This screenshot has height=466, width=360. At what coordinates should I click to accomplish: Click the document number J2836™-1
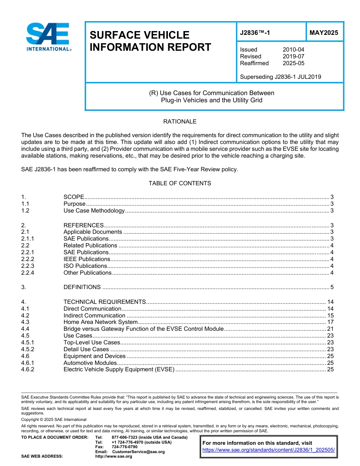coord(255,33)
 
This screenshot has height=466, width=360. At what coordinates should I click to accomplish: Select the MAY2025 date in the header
coord(324,33)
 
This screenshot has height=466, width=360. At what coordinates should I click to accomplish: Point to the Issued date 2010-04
coord(293,50)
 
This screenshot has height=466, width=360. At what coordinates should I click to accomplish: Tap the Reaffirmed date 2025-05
coord(293,63)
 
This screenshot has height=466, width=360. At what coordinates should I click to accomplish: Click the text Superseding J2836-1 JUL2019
coord(280,77)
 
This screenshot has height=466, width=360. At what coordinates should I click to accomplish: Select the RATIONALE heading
coord(180,122)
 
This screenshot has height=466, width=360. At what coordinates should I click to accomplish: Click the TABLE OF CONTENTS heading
coord(180,183)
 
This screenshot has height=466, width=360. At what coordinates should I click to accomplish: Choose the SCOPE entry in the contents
coord(74,197)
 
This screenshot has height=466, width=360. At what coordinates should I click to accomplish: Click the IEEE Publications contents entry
coord(87,259)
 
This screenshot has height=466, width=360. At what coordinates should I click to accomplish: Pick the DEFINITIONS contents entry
coord(82,287)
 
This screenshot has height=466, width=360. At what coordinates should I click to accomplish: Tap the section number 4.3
coord(25,322)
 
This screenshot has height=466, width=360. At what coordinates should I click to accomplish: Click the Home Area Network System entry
coord(100,322)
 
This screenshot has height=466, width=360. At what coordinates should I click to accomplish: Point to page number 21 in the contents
coord(330,329)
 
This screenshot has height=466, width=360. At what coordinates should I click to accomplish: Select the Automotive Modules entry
coord(90,363)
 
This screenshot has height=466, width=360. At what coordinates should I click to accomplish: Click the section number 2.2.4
coord(28,273)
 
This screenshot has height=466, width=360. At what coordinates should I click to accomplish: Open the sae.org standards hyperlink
coord(269,450)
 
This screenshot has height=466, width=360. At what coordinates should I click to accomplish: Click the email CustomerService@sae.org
coord(139,452)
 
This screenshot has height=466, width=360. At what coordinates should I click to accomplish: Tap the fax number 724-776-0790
coord(125,447)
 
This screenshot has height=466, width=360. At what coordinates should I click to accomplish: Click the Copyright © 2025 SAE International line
coord(54,420)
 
